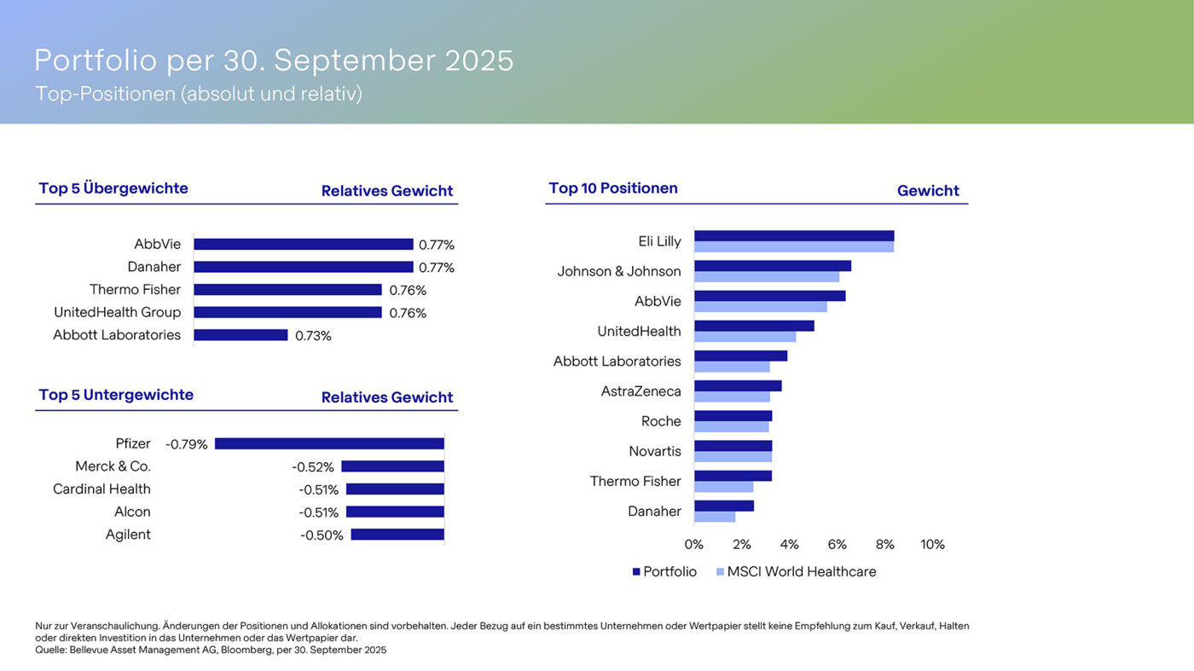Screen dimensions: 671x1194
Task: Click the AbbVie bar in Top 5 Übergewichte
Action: [303, 245]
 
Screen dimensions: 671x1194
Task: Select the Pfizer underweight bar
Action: [329, 444]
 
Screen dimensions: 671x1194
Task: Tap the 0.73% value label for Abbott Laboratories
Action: [313, 336]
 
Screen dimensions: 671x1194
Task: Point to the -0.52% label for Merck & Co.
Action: [313, 467]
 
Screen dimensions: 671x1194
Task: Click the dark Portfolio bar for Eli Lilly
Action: [793, 236]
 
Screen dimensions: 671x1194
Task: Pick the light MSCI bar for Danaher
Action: [715, 517]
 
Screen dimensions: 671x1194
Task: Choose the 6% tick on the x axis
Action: [838, 545]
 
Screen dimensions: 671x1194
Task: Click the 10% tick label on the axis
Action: [932, 545]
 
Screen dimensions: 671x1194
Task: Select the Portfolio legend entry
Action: [664, 572]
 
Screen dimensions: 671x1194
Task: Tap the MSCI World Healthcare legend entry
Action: [797, 572]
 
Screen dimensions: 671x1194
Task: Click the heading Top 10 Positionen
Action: [613, 188]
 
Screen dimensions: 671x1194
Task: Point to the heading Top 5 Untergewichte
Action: [116, 395]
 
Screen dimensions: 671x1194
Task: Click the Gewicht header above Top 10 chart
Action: [928, 191]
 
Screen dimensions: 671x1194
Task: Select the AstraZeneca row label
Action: [640, 391]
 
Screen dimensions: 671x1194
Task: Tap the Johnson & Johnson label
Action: [619, 271]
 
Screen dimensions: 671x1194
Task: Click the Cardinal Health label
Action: [101, 489]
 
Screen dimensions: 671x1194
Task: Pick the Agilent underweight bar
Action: [397, 535]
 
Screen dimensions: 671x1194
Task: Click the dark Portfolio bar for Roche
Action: [733, 416]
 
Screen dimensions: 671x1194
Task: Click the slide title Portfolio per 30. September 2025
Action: [274, 61]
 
